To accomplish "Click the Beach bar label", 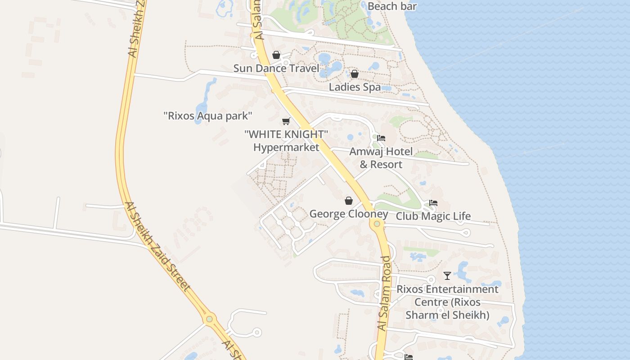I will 392,6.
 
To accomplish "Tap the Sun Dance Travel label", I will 276,68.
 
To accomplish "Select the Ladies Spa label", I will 355,87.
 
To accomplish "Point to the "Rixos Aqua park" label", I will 207,116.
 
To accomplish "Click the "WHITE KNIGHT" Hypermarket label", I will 286,140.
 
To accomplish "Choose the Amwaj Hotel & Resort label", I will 381,157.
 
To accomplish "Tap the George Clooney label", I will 348,214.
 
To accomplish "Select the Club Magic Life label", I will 433,216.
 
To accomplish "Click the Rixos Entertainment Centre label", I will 447,301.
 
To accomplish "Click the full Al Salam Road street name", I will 384,293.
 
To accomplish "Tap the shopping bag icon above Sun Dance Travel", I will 276,55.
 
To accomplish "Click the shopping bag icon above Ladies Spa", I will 355,74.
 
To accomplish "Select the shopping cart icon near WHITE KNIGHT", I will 286,121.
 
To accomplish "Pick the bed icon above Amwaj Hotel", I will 381,138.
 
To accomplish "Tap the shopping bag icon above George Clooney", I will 349,201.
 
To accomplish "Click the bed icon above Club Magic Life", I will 433,203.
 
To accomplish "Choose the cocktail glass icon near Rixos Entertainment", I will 447,275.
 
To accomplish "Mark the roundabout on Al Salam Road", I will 377,224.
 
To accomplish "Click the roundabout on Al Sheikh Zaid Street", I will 209,319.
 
